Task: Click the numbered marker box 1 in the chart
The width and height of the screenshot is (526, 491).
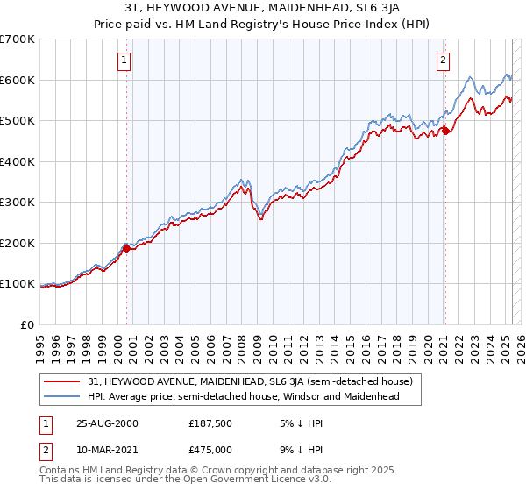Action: click(124, 60)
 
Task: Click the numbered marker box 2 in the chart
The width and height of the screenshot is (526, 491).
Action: click(443, 60)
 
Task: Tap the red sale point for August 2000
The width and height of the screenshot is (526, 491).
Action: click(127, 248)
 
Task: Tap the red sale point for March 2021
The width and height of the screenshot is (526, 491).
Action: click(445, 131)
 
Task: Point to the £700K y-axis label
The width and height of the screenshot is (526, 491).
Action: click(18, 39)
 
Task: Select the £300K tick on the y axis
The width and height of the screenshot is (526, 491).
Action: click(18, 203)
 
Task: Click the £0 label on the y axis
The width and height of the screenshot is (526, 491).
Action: click(26, 324)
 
